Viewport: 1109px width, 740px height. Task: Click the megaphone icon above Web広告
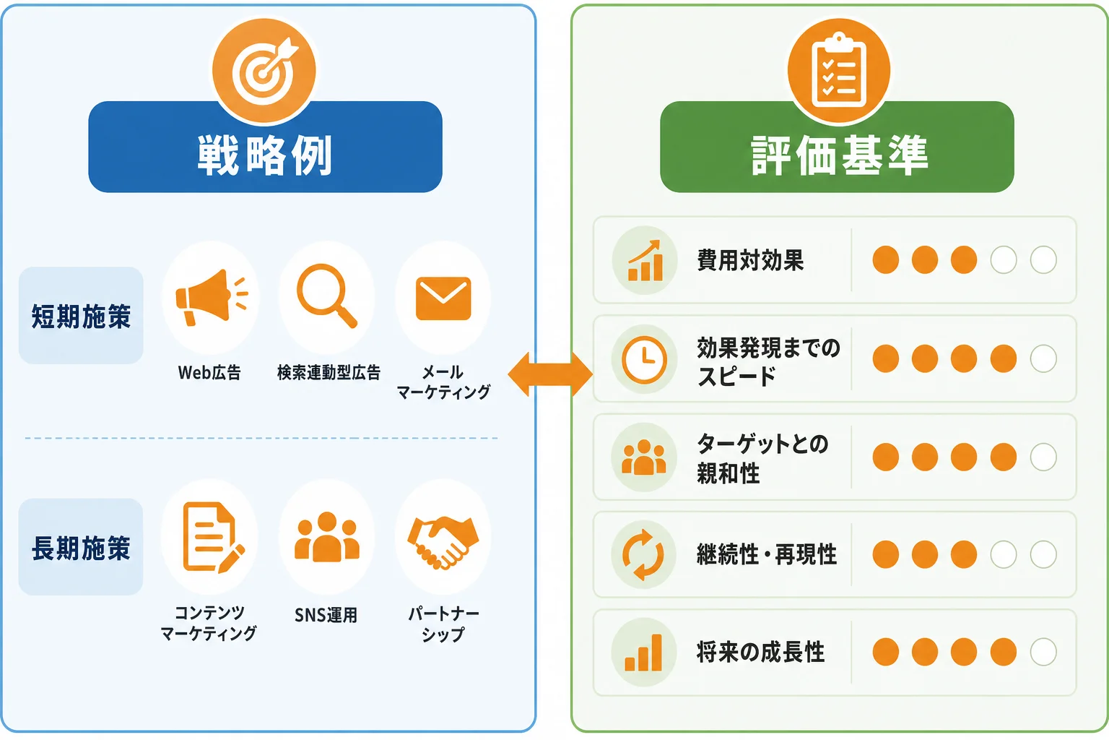(x=212, y=298)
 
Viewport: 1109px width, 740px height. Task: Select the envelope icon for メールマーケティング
(x=443, y=298)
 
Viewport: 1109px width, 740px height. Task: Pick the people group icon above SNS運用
(x=327, y=537)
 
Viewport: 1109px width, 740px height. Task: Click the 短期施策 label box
(x=81, y=316)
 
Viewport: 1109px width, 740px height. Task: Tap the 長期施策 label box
(x=81, y=547)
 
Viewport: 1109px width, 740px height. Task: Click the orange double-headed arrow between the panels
(x=550, y=374)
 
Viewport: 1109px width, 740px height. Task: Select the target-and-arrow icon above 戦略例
(x=264, y=70)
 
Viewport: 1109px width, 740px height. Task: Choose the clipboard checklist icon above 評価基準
(x=839, y=70)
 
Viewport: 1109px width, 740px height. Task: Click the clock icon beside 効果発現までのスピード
(x=644, y=359)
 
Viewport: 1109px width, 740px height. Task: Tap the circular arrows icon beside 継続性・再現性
(x=643, y=554)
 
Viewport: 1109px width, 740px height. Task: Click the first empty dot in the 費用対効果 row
(x=1004, y=259)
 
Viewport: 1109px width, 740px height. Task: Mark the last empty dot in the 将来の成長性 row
(x=1043, y=652)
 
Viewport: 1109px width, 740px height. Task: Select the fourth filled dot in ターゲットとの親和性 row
(x=1004, y=457)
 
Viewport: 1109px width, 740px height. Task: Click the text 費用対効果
(x=750, y=260)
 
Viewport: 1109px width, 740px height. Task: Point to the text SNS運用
(x=326, y=615)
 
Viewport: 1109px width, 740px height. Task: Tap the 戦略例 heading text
(x=265, y=155)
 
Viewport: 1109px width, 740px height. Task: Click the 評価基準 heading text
(x=840, y=155)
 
